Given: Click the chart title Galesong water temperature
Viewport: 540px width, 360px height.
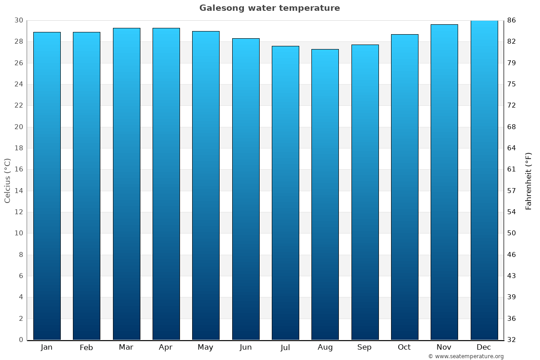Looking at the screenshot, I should point(270,8).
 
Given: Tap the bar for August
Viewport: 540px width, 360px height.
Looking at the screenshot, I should point(325,194).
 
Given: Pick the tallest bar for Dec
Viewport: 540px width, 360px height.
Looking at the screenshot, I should point(484,180).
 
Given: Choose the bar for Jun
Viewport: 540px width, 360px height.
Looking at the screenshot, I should point(246,189).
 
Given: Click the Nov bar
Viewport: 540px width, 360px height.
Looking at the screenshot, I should point(444,182).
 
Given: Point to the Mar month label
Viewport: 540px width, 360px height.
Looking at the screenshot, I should point(126,347).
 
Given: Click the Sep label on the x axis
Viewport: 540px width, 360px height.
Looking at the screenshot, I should point(364,347).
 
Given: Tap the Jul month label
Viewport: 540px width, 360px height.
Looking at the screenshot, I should point(285,347).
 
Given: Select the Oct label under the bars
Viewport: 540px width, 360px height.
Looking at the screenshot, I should point(404,347).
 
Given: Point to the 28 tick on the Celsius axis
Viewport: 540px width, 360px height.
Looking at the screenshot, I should point(18,41).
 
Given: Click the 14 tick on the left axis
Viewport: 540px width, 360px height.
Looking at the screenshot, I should point(18,191).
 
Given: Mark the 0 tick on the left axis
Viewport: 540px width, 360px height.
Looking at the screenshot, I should point(21,340).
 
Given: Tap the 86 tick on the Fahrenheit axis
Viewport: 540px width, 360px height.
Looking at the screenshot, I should point(512,20).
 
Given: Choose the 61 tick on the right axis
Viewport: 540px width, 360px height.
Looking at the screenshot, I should point(512,169).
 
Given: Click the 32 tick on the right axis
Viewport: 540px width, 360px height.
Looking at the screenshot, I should point(512,340).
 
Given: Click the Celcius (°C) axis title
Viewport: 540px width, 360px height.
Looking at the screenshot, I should point(7,180).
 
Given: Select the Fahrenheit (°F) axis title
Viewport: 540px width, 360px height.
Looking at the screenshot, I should point(528,180).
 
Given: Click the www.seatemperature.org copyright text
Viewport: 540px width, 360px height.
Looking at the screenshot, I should point(466,356).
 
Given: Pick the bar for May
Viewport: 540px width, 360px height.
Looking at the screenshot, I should point(206,185).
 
